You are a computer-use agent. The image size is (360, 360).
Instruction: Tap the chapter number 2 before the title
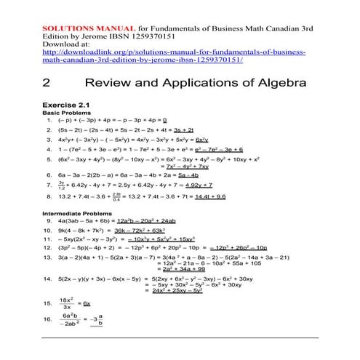point(47,84)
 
